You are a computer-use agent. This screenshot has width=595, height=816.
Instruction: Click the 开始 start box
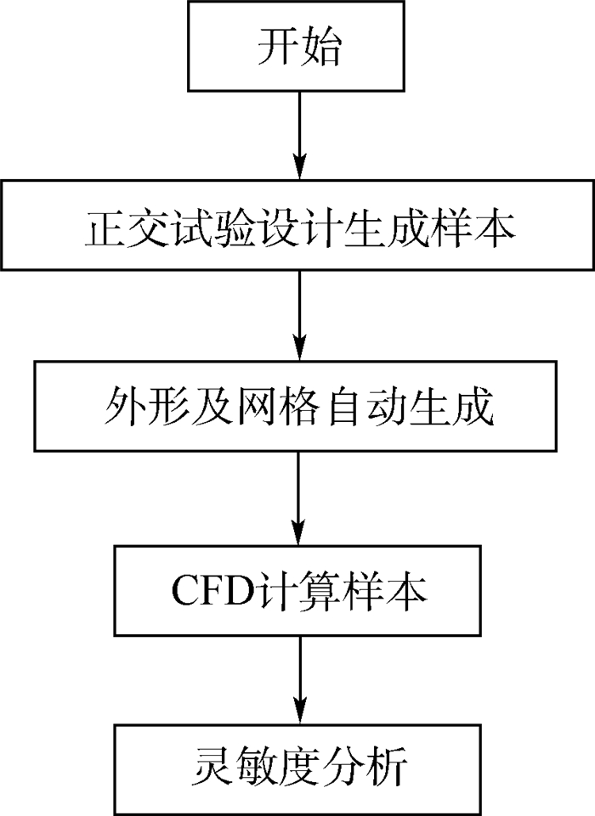(297, 49)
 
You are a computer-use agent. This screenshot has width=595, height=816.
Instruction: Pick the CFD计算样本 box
(297, 589)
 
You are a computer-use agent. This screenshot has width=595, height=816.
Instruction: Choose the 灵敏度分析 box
(297, 768)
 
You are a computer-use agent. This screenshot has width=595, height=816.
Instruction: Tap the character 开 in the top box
(277, 49)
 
